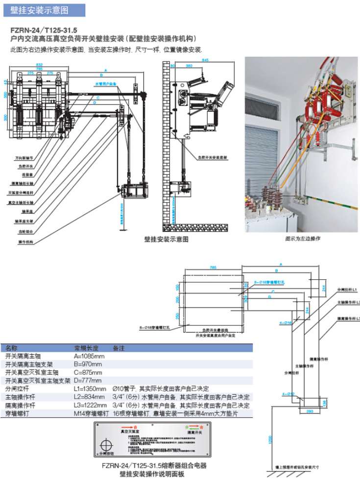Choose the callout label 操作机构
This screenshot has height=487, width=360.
25,242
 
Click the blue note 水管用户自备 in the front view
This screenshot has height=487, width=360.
106,84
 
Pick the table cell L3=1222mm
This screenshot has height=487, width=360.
90,405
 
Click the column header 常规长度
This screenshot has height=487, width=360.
83,348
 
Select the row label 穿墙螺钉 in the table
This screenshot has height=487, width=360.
17,414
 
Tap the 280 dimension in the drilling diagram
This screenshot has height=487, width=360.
310,411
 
